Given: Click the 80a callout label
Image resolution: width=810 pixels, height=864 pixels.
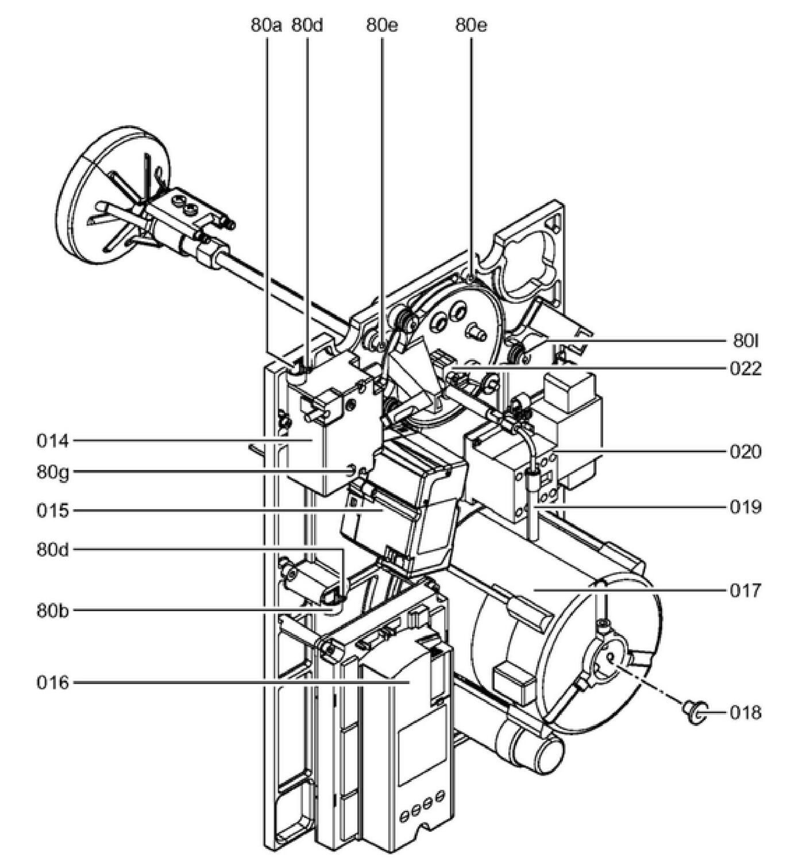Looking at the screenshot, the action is pyautogui.click(x=267, y=25).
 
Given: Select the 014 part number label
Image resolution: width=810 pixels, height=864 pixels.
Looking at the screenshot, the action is pyautogui.click(x=53, y=441).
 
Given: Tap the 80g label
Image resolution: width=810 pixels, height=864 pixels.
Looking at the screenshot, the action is pyautogui.click(x=53, y=472).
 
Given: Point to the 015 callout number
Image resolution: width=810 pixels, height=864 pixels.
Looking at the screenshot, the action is pyautogui.click(x=53, y=511).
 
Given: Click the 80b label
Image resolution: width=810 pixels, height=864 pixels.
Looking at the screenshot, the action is pyautogui.click(x=53, y=611).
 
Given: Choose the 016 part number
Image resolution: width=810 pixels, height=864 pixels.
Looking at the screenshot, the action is pyautogui.click(x=53, y=683).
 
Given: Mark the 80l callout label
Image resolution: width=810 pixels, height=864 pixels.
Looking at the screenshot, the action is pyautogui.click(x=746, y=341).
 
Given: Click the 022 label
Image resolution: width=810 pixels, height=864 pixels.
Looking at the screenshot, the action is pyautogui.click(x=746, y=369).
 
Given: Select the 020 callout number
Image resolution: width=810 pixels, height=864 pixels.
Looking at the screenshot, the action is pyautogui.click(x=746, y=452).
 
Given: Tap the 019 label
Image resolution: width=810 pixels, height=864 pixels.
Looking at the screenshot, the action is pyautogui.click(x=746, y=507).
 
